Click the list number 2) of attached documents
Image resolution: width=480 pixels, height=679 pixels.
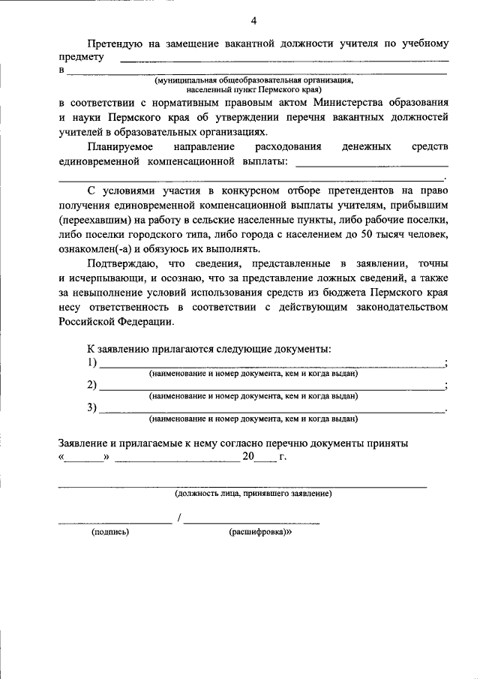coord(92,386)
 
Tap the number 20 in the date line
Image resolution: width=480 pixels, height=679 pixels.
coord(249,456)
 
